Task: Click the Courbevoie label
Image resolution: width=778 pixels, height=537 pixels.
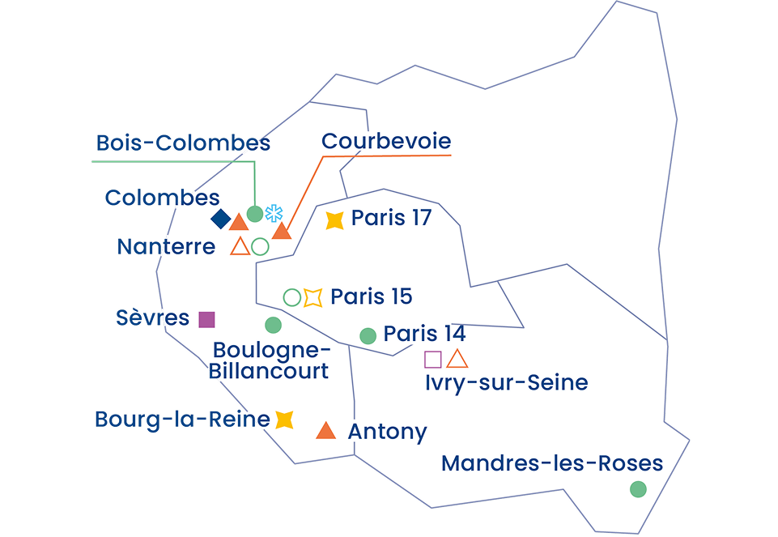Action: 385,141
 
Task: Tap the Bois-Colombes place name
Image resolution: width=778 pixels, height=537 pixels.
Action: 183,143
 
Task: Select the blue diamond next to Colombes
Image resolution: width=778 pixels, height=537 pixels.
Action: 219,219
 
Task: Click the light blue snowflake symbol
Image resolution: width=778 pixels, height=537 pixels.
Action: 274,214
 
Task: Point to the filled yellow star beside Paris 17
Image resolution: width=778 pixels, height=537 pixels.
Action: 334,220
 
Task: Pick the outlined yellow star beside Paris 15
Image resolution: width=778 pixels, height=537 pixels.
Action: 312,297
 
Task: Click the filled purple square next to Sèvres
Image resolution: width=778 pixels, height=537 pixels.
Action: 207,319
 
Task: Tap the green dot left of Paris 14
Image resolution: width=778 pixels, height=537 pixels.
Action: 368,335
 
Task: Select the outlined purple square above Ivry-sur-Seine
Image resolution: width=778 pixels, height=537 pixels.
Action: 433,360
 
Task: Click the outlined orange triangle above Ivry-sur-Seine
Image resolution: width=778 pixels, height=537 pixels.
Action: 457,359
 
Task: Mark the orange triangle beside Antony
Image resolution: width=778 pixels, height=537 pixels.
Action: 325,431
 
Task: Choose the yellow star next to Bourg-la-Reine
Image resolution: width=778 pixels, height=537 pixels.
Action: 283,420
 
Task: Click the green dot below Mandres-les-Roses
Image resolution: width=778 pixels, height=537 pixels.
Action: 638,488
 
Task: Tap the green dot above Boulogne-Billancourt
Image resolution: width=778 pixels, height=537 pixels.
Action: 273,325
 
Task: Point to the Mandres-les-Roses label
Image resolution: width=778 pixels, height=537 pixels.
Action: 552,464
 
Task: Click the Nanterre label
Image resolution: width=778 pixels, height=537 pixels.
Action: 167,246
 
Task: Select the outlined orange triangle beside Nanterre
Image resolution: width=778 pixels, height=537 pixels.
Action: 240,246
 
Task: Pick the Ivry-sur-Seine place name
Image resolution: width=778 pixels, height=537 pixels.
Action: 506,382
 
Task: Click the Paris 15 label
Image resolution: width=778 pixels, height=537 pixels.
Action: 372,296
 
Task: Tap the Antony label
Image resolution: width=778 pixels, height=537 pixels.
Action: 387,432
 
